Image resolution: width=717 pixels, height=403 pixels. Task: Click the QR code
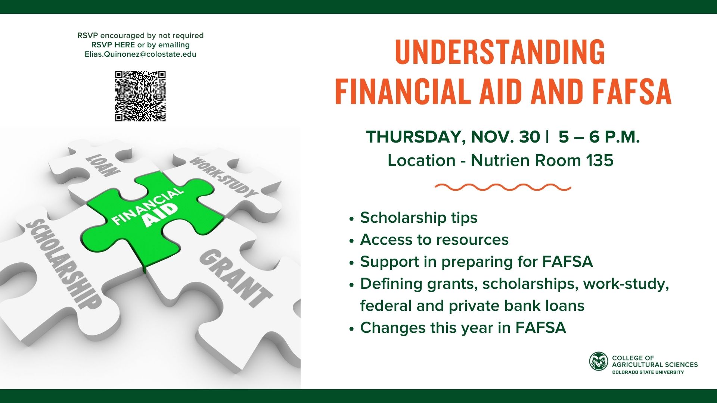140,96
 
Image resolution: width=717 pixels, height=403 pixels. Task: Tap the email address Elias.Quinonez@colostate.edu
140,54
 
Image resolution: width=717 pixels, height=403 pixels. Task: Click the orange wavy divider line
503,187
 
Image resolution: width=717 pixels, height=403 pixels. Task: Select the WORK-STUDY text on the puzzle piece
223,176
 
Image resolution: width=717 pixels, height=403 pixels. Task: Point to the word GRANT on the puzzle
235,278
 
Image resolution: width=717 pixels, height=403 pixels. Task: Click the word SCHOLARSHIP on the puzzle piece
63,263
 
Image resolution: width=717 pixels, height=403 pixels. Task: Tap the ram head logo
599,362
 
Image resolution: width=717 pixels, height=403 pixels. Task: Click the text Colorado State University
648,372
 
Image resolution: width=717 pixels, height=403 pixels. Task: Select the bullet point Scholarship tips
419,218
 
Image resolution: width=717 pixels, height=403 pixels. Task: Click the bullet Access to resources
434,240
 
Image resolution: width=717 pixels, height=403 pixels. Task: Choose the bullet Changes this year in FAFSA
463,328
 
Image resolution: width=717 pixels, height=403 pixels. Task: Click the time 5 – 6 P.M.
599,137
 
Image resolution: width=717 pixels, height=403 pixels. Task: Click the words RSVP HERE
113,45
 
